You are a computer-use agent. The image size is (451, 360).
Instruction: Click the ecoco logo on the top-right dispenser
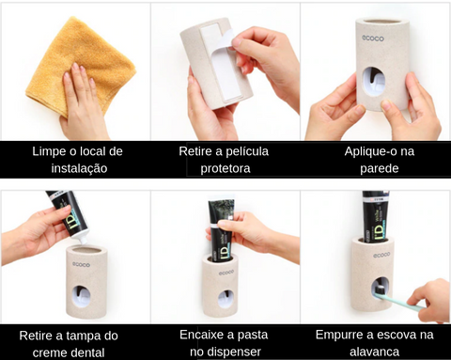(x=373, y=39)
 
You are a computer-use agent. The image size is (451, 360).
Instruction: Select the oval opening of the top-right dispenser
(x=375, y=80)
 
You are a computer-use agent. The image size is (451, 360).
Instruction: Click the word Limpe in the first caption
(x=49, y=151)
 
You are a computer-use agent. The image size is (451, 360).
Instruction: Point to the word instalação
(x=79, y=168)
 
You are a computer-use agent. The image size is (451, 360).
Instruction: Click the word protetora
(x=225, y=168)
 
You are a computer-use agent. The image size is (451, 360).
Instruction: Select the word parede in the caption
(x=379, y=168)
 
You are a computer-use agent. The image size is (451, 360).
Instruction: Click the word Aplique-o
(x=368, y=151)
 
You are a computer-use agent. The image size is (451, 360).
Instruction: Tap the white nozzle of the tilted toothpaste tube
(x=83, y=240)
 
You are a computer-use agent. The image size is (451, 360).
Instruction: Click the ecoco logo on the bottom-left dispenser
(x=81, y=265)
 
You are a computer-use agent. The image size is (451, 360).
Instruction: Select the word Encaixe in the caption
(x=203, y=335)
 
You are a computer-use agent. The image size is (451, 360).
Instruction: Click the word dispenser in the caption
(x=233, y=352)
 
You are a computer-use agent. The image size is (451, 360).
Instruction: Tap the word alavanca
(x=374, y=352)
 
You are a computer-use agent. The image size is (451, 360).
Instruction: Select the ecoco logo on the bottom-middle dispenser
(x=226, y=272)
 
